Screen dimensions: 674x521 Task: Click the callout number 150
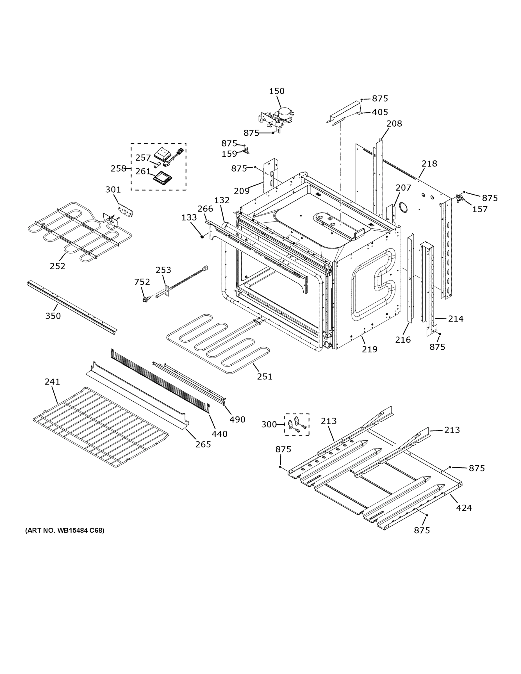click(277, 91)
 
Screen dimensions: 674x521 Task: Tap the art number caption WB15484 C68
click(65, 530)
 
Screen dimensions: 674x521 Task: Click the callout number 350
click(53, 316)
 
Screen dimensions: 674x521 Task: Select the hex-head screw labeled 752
click(145, 299)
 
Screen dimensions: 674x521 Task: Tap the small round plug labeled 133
click(202, 236)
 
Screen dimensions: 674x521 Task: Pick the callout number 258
click(119, 168)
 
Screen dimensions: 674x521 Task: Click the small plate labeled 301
click(125, 210)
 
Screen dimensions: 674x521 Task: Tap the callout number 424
click(464, 508)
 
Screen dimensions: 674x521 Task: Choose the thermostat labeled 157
click(461, 199)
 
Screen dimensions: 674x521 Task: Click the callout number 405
click(380, 112)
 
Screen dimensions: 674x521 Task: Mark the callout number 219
click(369, 349)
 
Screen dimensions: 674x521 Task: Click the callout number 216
click(403, 340)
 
